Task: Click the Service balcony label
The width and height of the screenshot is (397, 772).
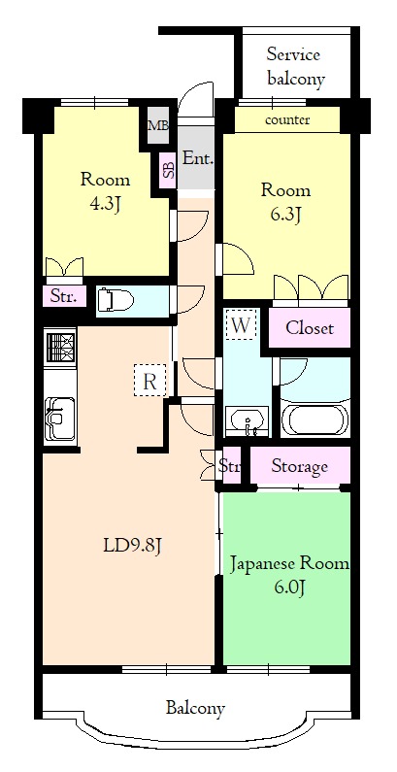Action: (x=293, y=66)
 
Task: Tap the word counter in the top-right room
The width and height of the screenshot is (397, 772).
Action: (x=286, y=120)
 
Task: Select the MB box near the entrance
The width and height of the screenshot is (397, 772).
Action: (x=156, y=125)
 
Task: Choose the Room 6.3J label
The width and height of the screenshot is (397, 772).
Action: (x=285, y=201)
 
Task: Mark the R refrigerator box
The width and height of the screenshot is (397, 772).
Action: (x=149, y=380)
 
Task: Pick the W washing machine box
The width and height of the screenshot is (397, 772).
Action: (x=241, y=323)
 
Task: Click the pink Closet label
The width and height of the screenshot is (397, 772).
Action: (x=309, y=328)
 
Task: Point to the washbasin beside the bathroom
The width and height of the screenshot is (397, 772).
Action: (x=249, y=421)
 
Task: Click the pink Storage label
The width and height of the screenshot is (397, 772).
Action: (x=299, y=467)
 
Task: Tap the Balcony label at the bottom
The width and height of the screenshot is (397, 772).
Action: (x=194, y=708)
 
